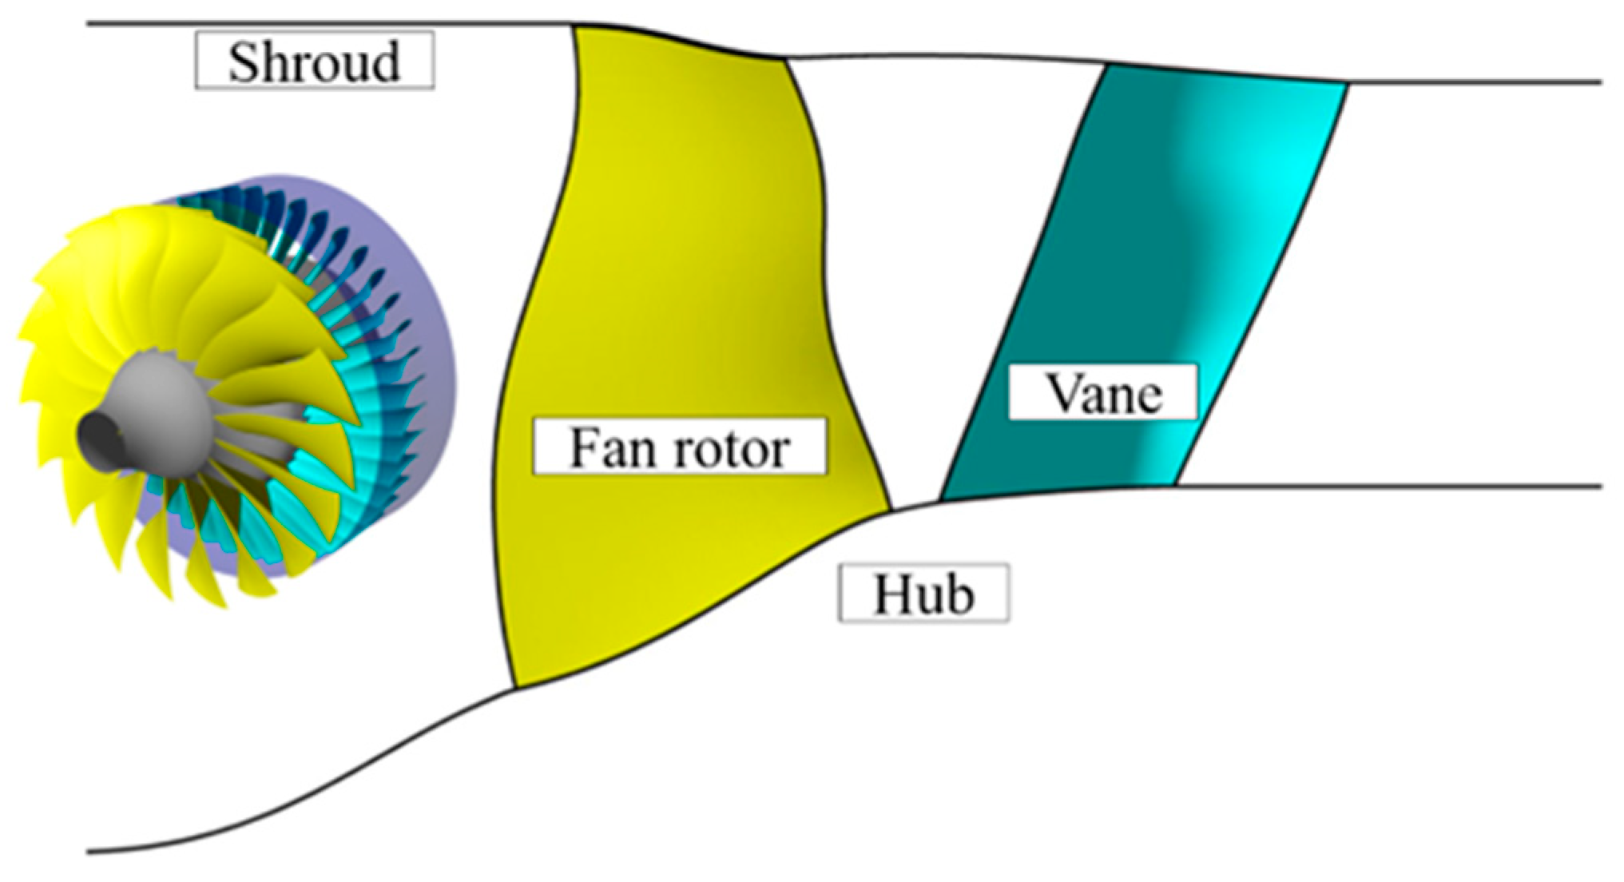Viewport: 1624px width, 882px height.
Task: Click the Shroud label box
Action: tap(315, 61)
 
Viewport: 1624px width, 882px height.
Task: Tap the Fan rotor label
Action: tap(679, 447)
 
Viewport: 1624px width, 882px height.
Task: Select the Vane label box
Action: tap(1102, 391)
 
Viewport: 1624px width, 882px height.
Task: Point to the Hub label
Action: tap(923, 593)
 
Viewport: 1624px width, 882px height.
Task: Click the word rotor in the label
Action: tap(731, 448)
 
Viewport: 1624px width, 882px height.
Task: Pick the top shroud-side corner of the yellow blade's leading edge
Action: tap(574, 27)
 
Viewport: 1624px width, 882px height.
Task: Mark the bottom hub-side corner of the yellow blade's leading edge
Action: tap(515, 687)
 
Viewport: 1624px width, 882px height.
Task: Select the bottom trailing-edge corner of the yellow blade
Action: tap(891, 508)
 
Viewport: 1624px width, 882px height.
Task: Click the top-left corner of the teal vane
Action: tap(1106, 66)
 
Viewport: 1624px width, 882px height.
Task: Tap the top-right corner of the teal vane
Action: tap(1348, 83)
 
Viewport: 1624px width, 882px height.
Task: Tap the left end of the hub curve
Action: tap(89, 852)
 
